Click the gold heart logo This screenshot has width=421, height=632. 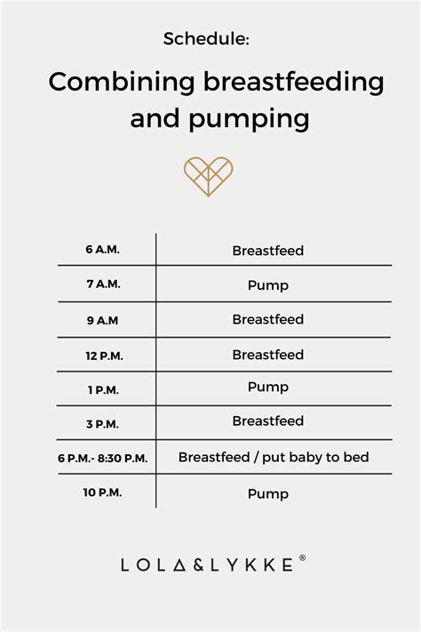208,175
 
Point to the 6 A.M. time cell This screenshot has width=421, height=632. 102,250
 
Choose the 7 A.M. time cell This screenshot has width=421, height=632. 102,285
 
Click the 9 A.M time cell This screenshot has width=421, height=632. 102,318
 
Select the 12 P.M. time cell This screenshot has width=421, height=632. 102,354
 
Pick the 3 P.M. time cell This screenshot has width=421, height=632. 102,420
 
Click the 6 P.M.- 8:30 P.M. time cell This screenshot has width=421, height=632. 102,458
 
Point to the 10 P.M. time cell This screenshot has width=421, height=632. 102,492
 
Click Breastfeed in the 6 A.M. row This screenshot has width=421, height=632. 267,251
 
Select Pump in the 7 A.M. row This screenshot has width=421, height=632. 267,286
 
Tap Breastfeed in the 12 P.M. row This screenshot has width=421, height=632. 267,355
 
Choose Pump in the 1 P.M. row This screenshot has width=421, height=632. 267,388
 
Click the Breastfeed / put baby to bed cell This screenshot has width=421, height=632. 273,458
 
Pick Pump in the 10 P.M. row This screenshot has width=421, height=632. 267,492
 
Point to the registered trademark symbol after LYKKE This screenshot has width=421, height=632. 303,559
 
